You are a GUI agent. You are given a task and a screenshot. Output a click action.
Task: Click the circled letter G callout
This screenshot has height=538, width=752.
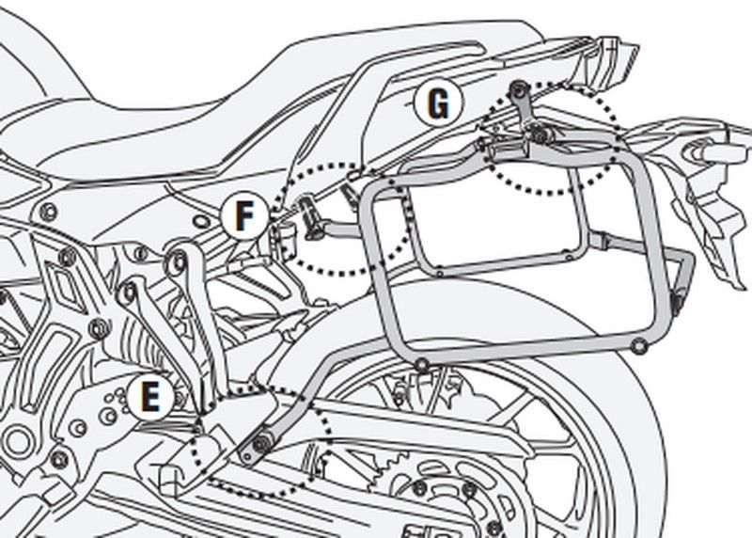pos(437,103)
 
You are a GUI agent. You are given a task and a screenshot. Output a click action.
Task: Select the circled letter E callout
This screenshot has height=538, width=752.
pos(149,398)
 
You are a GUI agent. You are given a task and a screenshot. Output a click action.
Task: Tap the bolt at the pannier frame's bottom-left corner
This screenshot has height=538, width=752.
pos(423,363)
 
